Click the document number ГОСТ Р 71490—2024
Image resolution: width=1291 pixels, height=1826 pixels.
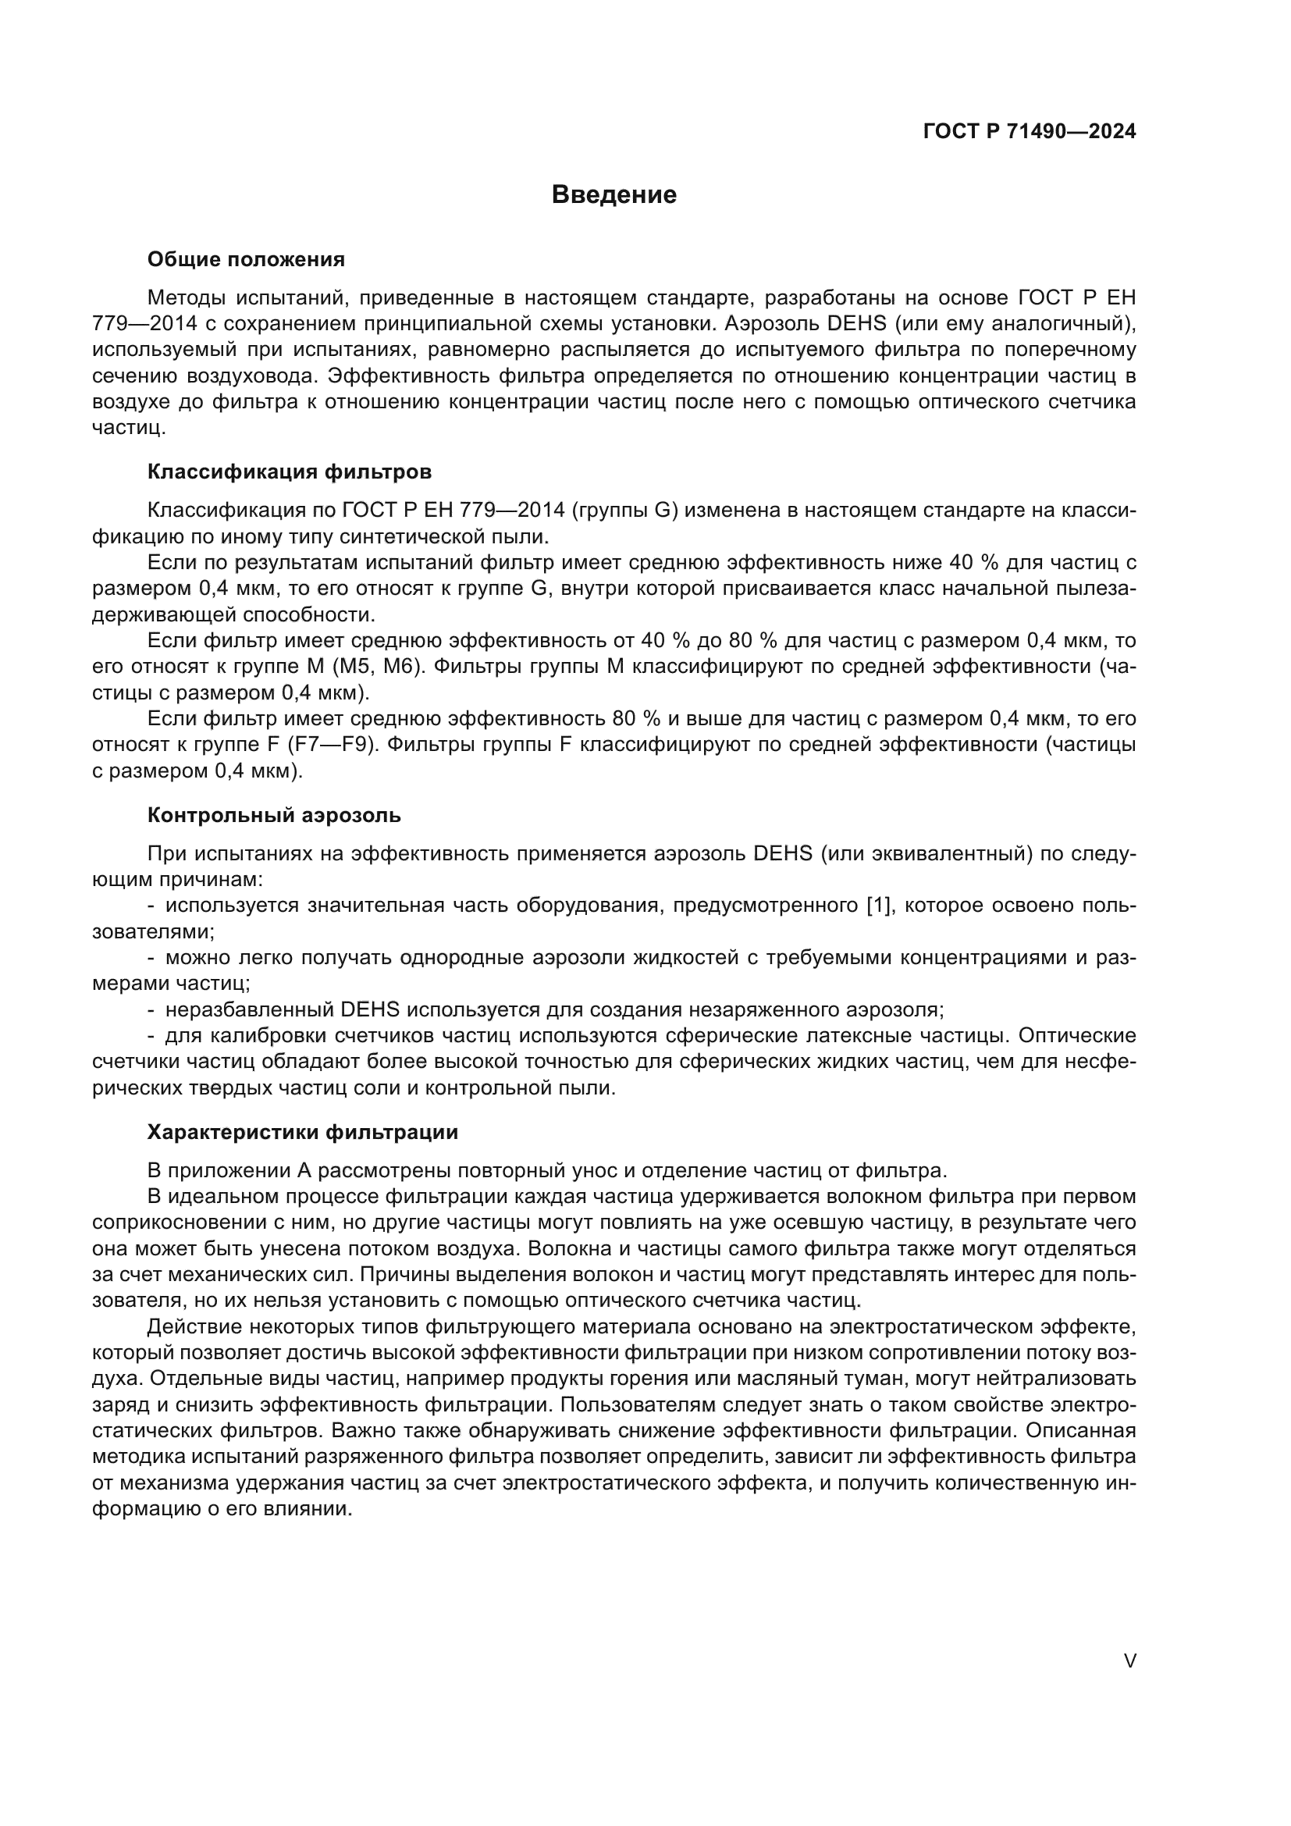pos(1029,132)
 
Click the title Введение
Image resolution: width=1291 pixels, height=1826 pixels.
pos(613,195)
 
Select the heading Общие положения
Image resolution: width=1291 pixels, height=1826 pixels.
pos(246,260)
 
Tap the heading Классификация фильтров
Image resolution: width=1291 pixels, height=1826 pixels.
pos(290,472)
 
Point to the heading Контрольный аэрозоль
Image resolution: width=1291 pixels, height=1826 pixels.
pos(274,815)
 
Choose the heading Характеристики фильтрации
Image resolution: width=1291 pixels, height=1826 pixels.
pos(303,1132)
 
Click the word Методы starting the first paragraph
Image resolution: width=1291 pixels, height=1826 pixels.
pos(187,298)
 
